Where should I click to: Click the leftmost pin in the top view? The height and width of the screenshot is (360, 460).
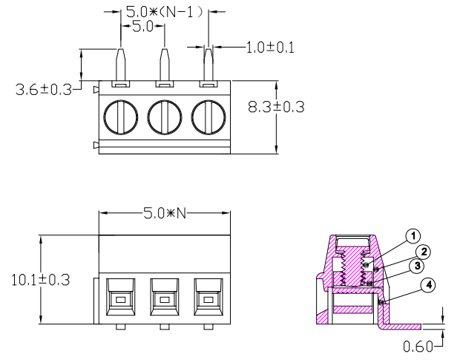121,63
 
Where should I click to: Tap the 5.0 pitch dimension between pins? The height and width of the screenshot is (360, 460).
142,27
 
